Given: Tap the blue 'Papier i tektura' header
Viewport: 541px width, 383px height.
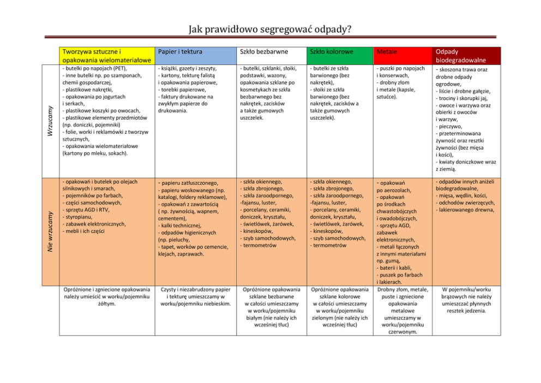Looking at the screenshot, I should (179, 52).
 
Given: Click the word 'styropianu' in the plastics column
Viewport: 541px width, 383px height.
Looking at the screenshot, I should (82, 217).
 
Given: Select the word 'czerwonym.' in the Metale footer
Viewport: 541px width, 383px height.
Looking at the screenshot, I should (404, 331).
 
